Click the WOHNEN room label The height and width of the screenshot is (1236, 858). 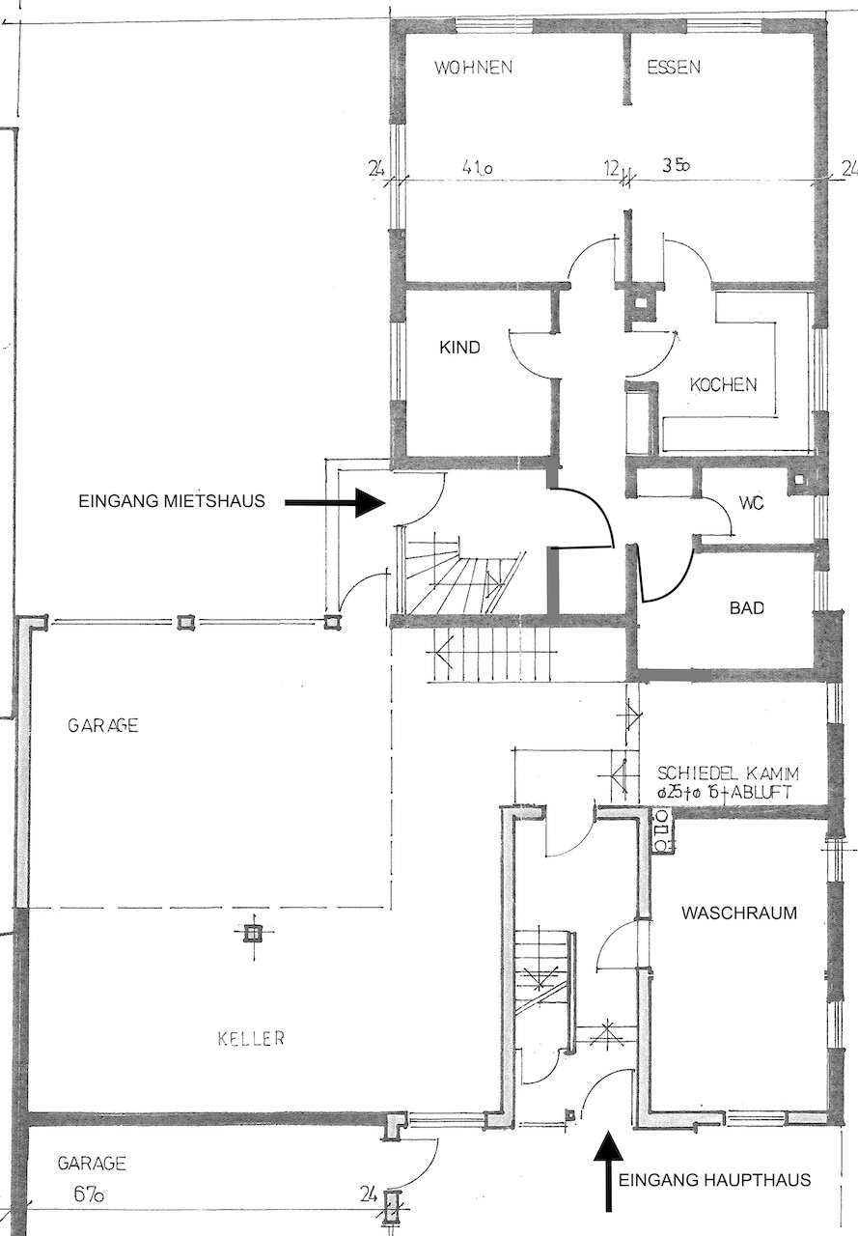point(474,68)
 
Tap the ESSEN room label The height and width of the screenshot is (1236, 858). point(674,67)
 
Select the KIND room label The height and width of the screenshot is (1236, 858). point(459,348)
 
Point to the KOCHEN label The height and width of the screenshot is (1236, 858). point(724,384)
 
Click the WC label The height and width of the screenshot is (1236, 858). point(752,503)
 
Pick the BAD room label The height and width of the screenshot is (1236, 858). point(747,608)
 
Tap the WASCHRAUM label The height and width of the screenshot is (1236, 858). point(739,913)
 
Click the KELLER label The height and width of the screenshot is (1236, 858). point(252,1038)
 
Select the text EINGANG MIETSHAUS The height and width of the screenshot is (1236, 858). point(172,501)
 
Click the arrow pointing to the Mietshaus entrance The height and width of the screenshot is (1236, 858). point(334,502)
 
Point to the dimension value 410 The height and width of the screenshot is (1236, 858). point(478,168)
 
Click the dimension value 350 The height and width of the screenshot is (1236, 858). point(676,165)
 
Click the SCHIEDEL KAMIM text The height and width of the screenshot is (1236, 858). point(728,772)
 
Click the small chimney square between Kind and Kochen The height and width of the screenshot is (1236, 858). point(640,302)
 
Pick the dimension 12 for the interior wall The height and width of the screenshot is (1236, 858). point(611,167)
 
